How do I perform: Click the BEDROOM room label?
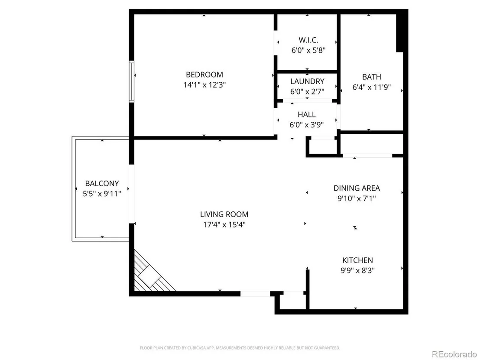point(204,75)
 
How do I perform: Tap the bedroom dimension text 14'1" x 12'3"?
point(204,85)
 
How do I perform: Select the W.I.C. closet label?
point(308,40)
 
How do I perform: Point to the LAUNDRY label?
point(307,81)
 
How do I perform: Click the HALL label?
point(307,114)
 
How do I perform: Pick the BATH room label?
point(372,77)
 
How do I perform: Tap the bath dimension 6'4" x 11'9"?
point(372,87)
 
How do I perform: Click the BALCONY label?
point(102,183)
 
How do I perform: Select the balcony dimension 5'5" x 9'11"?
point(102,194)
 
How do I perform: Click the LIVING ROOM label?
point(224,214)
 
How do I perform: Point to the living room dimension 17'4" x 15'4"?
point(224,225)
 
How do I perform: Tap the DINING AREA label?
point(357,188)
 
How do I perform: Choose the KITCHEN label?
point(357,260)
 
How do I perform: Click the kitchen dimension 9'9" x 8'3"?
point(357,271)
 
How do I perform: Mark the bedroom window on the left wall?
point(131,81)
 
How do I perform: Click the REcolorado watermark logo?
point(454,354)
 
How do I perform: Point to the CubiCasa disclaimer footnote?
point(240,348)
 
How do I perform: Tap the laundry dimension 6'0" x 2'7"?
point(307,91)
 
